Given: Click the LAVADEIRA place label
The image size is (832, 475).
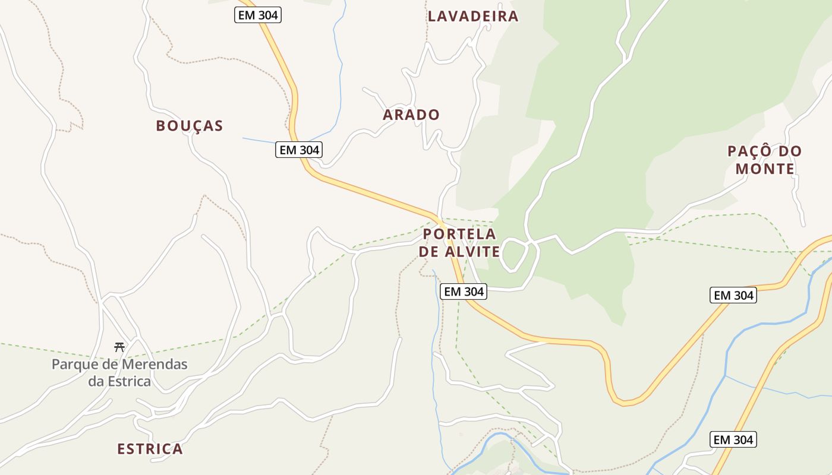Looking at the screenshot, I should coord(473,16).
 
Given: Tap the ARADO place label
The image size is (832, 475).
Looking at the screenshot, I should coord(411,115).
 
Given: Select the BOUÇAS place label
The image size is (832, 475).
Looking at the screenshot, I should coord(190,125).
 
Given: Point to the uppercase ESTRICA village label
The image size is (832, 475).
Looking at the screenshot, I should coord(150,449).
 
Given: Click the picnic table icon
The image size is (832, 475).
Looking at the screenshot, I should coord(119,347).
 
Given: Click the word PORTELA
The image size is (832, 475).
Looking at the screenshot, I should coord(459,234).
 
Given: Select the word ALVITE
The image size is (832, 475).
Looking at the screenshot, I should coord(470,252).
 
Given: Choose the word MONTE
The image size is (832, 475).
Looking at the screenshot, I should coord(765,169).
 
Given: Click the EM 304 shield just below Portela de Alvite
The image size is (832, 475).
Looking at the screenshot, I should coord(464,292).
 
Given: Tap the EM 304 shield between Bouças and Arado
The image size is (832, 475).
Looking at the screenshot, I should coord(300,150).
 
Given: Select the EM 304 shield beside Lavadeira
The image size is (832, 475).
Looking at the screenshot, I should coord(257,15).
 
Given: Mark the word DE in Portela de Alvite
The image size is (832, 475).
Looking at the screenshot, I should coord(428,252).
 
